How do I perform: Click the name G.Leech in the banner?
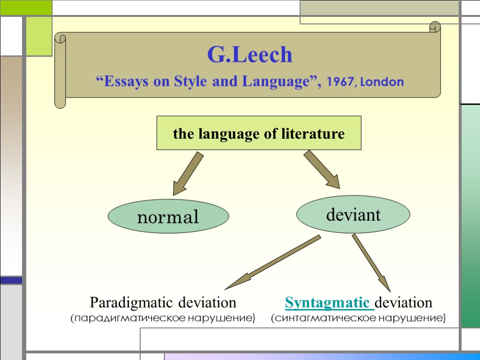coord(250,55)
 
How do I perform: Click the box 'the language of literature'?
coord(259,133)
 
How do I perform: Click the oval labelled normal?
coord(168,217)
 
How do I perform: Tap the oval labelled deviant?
coord(353,215)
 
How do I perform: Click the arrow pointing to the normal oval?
coord(187,173)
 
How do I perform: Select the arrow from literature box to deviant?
coord(322,169)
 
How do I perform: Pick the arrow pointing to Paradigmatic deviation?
coord(272,262)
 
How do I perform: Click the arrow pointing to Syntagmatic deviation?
coord(371,262)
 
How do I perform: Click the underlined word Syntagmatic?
coord(329,302)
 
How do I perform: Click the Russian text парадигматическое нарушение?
coord(163,319)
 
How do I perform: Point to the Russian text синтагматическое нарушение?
coord(359,319)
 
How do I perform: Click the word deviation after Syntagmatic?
coord(404,302)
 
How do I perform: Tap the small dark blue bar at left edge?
coord(11,280)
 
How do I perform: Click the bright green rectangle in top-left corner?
coord(25,7)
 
